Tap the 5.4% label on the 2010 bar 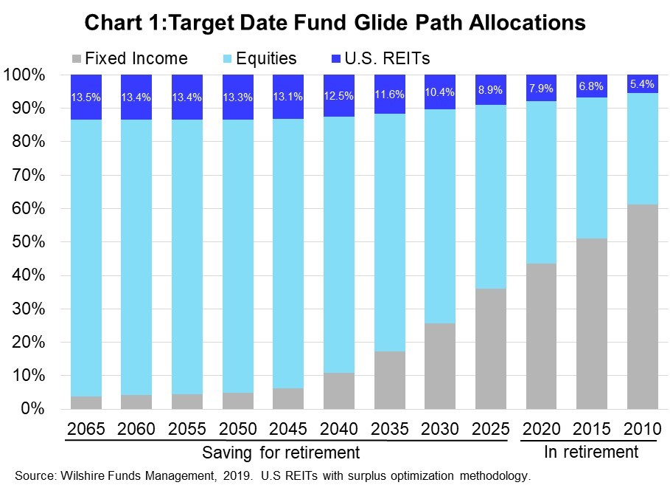coord(642,85)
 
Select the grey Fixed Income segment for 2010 coord(642,306)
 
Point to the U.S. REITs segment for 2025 coord(490,90)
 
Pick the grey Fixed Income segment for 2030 coord(439,365)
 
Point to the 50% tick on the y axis coord(28,242)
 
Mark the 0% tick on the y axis coord(32,409)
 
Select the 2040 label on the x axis coord(338,428)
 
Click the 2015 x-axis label coord(591,428)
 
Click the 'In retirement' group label coord(590,451)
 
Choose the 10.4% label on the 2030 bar coord(439,92)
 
